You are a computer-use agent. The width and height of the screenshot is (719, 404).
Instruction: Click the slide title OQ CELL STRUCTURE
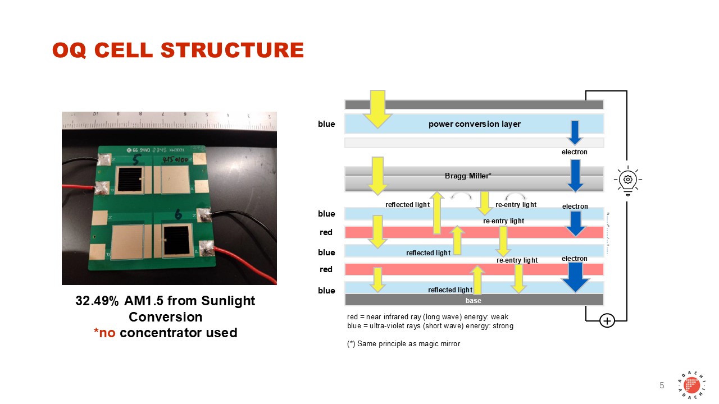tap(178, 50)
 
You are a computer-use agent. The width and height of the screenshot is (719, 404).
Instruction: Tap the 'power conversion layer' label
tap(474, 124)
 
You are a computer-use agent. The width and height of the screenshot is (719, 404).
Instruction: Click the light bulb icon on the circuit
tap(627, 180)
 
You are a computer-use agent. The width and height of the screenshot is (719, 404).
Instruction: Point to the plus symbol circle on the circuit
tap(607, 321)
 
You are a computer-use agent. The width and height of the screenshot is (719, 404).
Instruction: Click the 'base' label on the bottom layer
tap(473, 301)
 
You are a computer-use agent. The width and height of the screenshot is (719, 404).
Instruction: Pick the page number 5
tap(661, 385)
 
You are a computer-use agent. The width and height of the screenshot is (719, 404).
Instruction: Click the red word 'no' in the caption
tap(108, 333)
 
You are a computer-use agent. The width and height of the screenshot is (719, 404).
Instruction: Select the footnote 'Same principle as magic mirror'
tap(403, 343)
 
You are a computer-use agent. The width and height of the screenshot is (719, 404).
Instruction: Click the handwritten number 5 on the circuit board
tap(135, 161)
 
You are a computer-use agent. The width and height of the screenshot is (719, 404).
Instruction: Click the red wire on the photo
tap(247, 258)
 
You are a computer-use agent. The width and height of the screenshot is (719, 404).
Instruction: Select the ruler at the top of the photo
tap(169, 118)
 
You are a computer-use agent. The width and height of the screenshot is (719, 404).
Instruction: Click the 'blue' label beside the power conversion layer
tap(326, 124)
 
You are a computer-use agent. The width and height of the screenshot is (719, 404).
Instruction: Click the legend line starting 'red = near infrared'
tap(427, 317)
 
